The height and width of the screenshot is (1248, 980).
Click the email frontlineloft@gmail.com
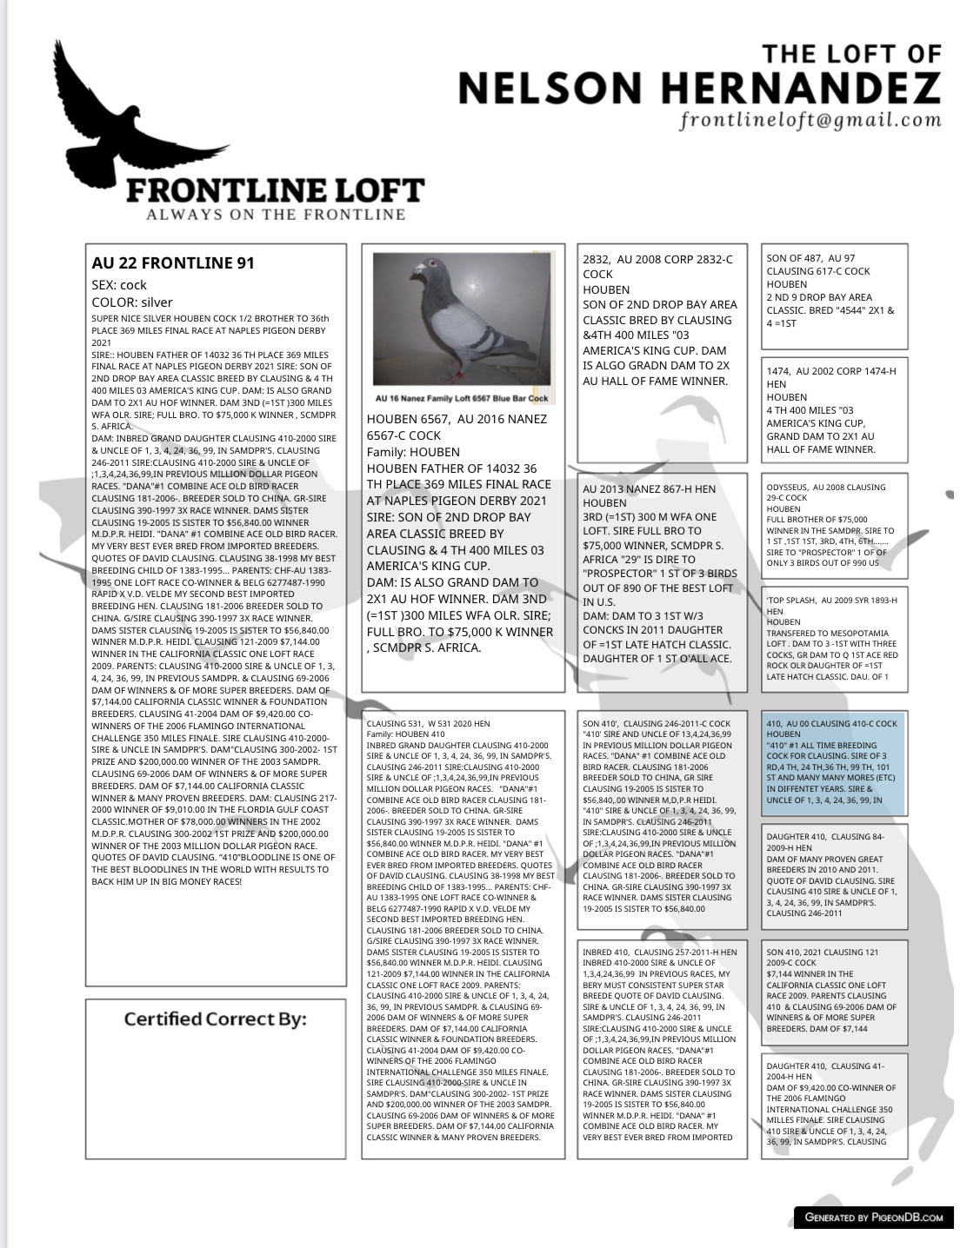coord(810,120)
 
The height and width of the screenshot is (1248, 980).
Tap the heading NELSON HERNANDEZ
coord(698,87)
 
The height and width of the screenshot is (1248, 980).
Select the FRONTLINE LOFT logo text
coord(275,190)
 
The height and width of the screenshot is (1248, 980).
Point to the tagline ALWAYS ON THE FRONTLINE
coord(276,214)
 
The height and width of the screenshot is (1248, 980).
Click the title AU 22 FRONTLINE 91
coord(173,262)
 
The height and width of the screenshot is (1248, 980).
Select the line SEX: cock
coord(119,285)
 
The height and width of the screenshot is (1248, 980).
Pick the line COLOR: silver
coord(132,302)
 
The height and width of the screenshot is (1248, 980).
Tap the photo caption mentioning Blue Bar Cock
coord(463,398)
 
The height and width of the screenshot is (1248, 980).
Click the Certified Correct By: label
coord(215,1019)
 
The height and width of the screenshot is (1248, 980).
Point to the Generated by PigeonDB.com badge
coord(873,1217)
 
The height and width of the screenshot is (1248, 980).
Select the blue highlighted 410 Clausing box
coord(833,762)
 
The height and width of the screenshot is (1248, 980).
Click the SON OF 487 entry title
coord(810,258)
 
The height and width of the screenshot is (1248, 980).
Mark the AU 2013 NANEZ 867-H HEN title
coord(649,488)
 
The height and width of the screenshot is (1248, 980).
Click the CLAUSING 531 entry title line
coord(429,723)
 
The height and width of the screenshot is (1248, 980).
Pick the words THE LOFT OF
coord(851,54)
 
